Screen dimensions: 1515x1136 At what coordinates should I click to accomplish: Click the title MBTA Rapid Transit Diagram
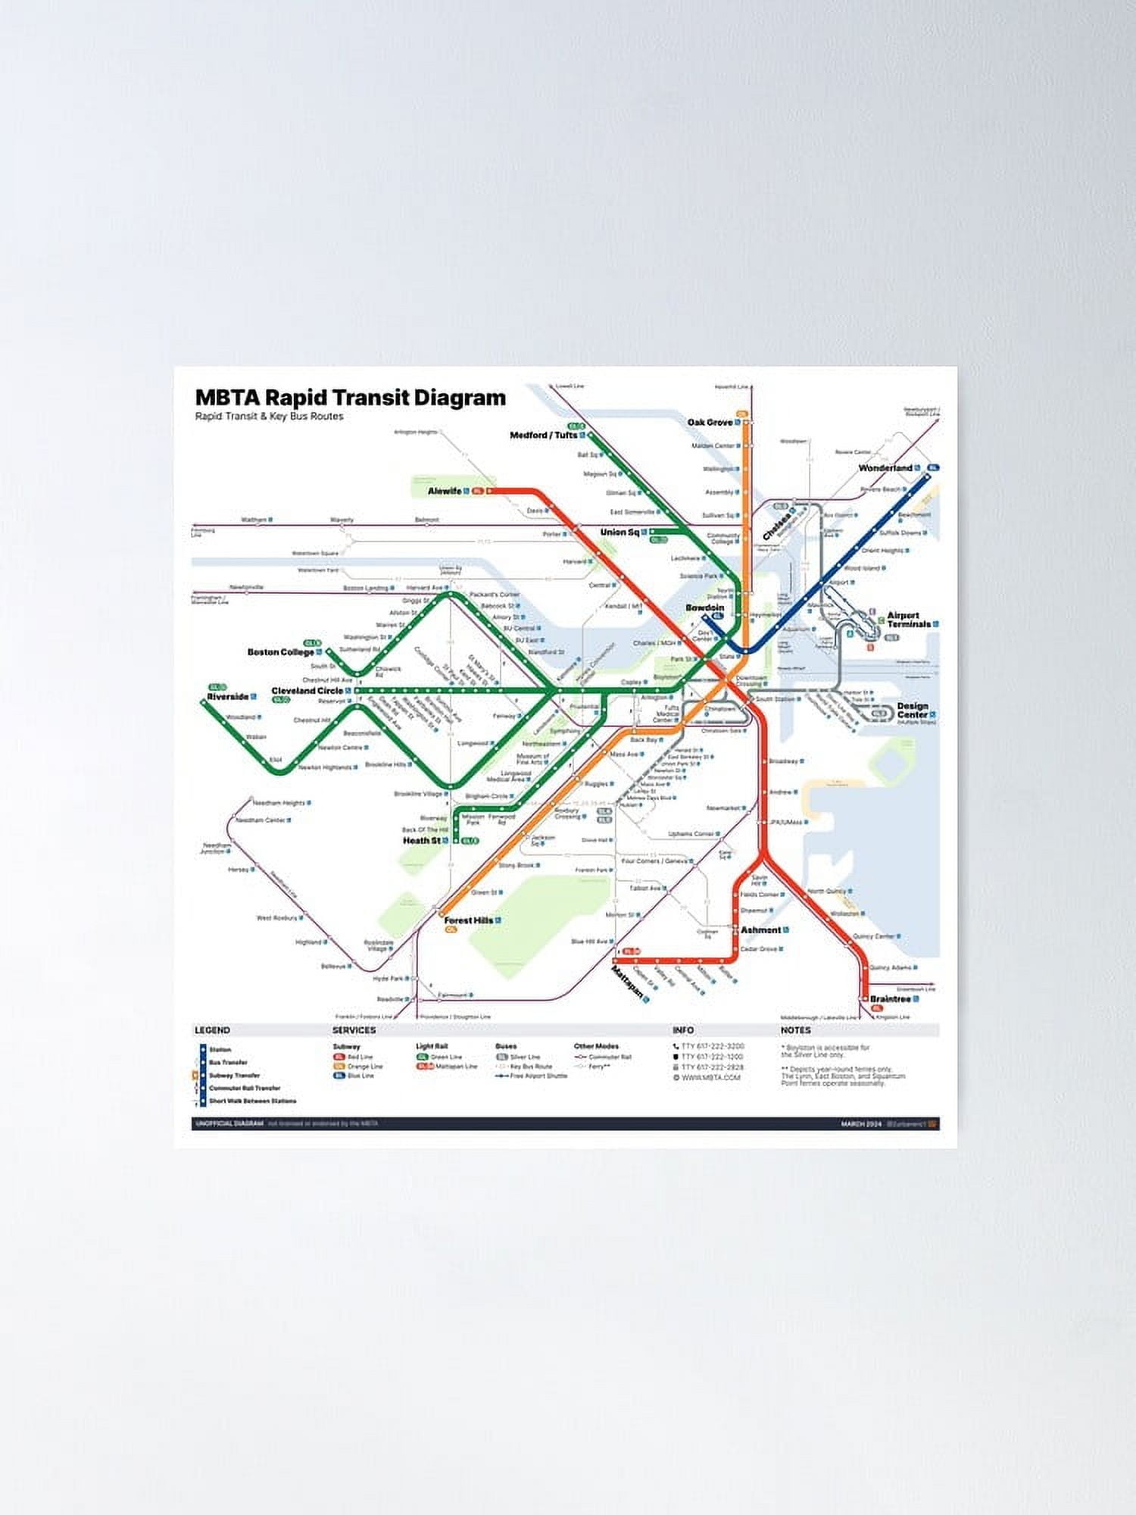click(350, 398)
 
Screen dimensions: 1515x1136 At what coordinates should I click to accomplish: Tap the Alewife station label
click(445, 491)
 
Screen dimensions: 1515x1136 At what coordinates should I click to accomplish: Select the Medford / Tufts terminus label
click(543, 435)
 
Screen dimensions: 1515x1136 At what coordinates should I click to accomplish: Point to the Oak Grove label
click(710, 422)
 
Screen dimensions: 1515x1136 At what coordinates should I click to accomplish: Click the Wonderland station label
click(885, 468)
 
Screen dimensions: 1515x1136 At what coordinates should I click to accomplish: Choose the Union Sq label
click(619, 532)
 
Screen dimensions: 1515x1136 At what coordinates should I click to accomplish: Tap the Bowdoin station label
click(705, 608)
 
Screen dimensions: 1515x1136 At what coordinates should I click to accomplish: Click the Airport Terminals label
click(908, 620)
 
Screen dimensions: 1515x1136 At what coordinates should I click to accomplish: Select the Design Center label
click(913, 710)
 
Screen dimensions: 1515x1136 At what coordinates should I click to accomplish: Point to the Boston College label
click(280, 651)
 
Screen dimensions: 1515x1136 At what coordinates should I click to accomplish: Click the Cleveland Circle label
click(307, 691)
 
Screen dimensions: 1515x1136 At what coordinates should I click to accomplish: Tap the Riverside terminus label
click(227, 696)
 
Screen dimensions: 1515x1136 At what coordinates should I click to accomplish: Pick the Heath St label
click(422, 840)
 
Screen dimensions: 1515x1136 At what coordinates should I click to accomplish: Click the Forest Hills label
click(468, 920)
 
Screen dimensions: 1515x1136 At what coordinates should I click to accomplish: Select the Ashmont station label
click(760, 929)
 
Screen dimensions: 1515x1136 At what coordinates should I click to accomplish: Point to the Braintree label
click(890, 999)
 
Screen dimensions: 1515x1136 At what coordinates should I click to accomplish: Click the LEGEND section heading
click(212, 1030)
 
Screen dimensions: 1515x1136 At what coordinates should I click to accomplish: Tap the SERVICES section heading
click(354, 1030)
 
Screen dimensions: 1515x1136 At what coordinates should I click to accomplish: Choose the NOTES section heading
click(795, 1030)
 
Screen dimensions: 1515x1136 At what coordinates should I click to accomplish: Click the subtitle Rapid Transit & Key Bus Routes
click(269, 416)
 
